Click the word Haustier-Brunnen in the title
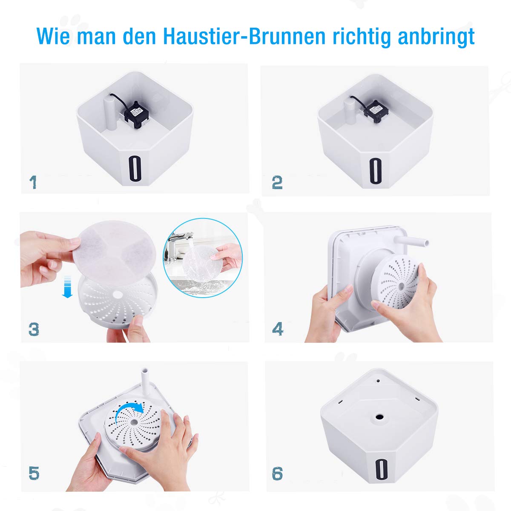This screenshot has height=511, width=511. pos(244,37)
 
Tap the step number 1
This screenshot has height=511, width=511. pos(33,182)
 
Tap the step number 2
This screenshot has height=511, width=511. pos(277,182)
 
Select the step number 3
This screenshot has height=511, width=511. pos(34,329)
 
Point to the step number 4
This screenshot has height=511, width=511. pos(278,329)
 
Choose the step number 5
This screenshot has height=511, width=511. pos(34,473)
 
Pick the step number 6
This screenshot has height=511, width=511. pos(277,473)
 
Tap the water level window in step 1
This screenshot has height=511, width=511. pos(134,169)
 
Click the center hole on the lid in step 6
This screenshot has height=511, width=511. pos(378,415)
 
